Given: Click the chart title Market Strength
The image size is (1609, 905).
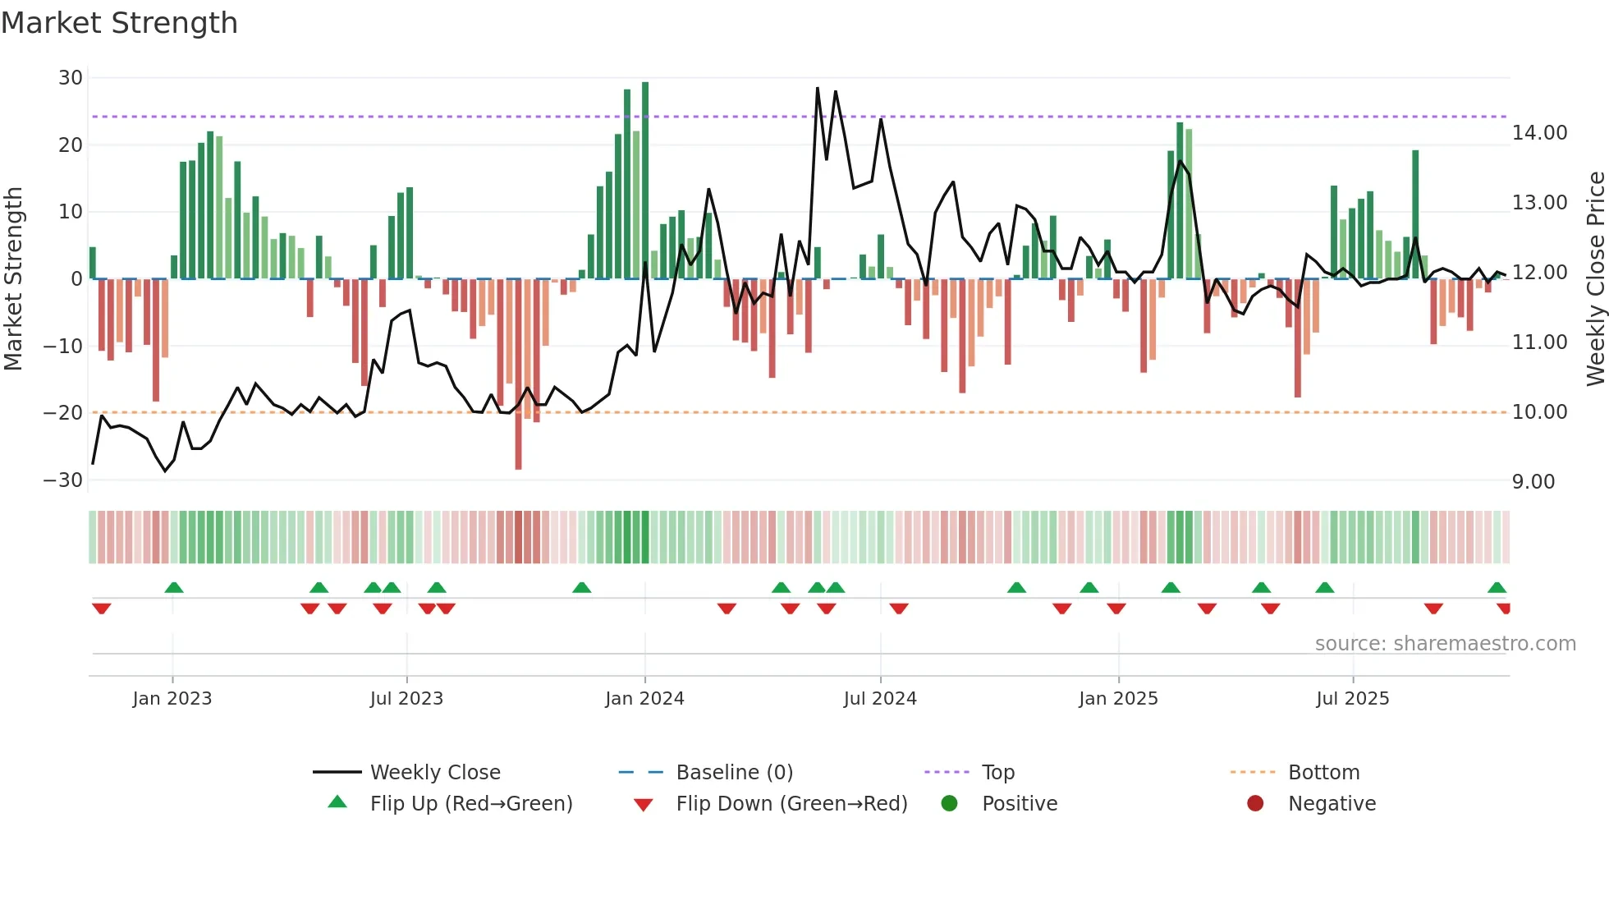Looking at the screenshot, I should [x=119, y=23].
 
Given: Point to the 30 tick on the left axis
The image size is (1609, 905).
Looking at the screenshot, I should [x=71, y=78].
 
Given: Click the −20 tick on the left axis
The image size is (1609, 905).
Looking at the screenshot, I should [x=63, y=413].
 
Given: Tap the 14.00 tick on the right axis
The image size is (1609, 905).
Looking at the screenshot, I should [x=1539, y=133].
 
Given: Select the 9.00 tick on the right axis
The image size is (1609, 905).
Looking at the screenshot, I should [x=1533, y=482].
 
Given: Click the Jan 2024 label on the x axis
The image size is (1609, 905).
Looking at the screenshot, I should [x=644, y=699].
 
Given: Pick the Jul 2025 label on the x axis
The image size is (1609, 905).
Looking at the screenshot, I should [x=1352, y=699].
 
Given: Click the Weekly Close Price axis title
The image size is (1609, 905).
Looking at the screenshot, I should [x=1595, y=279].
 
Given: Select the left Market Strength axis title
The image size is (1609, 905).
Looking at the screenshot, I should [x=13, y=279].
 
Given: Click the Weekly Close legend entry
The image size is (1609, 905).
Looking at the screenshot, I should [x=434, y=773].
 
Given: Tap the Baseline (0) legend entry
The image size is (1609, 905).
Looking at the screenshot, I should [x=734, y=773].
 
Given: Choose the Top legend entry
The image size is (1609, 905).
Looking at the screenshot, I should [x=997, y=773].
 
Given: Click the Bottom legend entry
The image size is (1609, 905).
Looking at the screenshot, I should [x=1323, y=773].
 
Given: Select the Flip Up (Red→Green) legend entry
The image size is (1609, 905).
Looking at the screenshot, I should [x=470, y=804].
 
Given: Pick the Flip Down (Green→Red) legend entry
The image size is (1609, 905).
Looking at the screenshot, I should [x=791, y=804].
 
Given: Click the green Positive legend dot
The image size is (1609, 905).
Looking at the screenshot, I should [x=950, y=804].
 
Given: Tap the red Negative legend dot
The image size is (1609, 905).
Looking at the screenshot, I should [x=1255, y=804].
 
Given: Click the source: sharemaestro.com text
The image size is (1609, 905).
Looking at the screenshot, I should [x=1445, y=644].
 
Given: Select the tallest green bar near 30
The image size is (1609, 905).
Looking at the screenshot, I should [x=645, y=181].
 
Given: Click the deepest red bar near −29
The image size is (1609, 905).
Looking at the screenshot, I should [x=518, y=374].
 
